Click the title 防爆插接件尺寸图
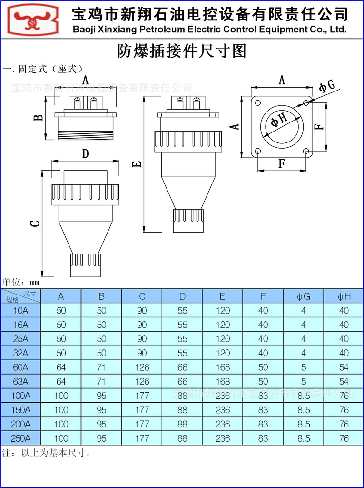182,51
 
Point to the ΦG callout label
327,86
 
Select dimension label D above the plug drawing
85,154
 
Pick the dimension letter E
137,164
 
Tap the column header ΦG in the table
304,296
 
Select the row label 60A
21,367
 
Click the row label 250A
21,438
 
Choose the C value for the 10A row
142,311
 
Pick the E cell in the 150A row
223,410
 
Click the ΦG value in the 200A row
304,424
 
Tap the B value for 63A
101,382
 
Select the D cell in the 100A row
182,396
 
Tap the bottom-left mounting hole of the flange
258,151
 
